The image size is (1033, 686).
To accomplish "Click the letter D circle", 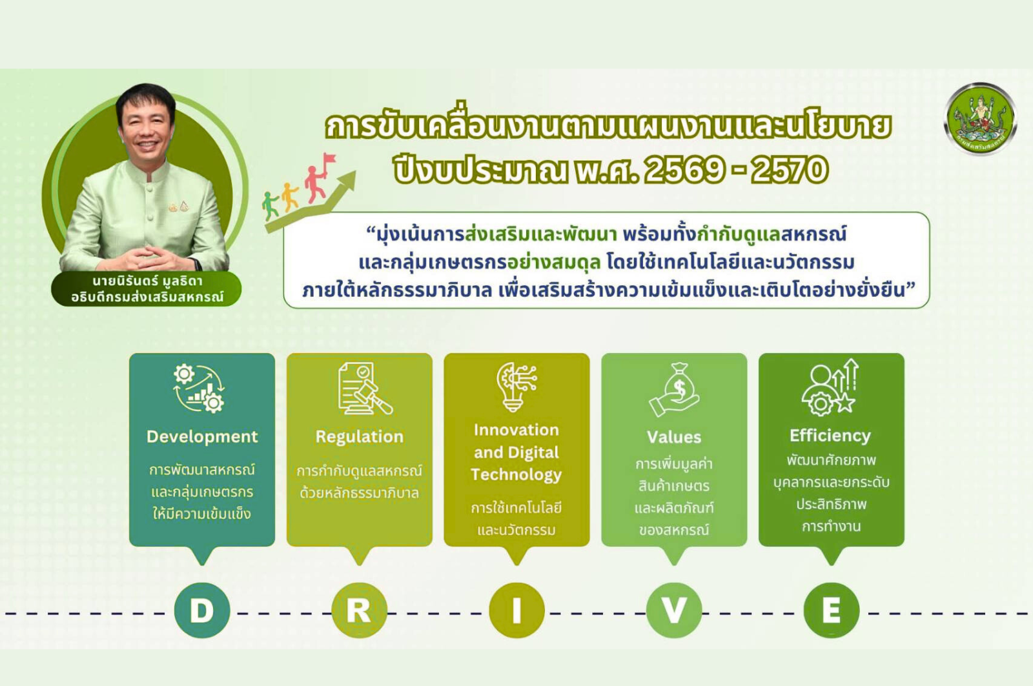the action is pyautogui.click(x=202, y=610).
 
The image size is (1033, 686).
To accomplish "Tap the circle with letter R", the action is pyautogui.click(x=359, y=610).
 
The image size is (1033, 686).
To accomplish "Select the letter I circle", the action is pyautogui.click(x=516, y=610).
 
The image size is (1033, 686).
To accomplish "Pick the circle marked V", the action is pyautogui.click(x=674, y=610).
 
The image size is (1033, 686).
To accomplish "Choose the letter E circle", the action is pyautogui.click(x=831, y=610).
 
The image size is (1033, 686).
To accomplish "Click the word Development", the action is pyautogui.click(x=202, y=437).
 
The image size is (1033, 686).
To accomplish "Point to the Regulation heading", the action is pyautogui.click(x=359, y=437).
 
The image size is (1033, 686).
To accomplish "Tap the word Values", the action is pyautogui.click(x=674, y=437).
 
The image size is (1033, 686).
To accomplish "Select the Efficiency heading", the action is pyautogui.click(x=830, y=436).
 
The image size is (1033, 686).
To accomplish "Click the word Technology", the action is pyautogui.click(x=516, y=475).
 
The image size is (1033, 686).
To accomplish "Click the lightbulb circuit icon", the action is pyautogui.click(x=516, y=387).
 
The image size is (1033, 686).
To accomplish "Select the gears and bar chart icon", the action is pyautogui.click(x=199, y=388).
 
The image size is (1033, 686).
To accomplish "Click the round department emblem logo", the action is pyautogui.click(x=979, y=119).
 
